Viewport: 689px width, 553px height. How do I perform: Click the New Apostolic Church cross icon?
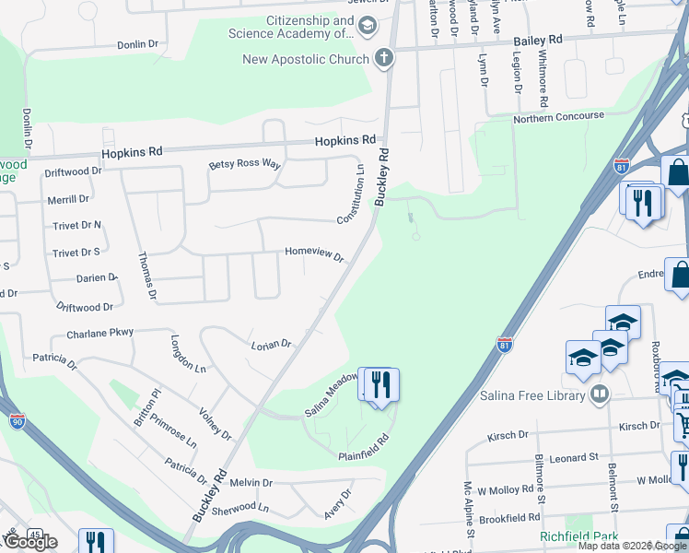[384, 59]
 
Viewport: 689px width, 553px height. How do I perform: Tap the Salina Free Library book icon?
[600, 395]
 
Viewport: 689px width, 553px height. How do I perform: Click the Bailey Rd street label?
[538, 41]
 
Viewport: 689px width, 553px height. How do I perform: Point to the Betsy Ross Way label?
[244, 164]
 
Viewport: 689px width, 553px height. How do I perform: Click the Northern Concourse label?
[558, 116]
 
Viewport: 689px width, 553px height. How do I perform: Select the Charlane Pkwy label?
[99, 333]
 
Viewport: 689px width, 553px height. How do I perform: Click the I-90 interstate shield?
[18, 421]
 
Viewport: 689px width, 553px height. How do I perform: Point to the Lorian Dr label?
[271, 345]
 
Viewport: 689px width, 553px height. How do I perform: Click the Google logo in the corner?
[29, 542]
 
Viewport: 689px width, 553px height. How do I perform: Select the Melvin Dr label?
[251, 482]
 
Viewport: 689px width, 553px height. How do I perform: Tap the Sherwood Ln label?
[239, 508]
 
